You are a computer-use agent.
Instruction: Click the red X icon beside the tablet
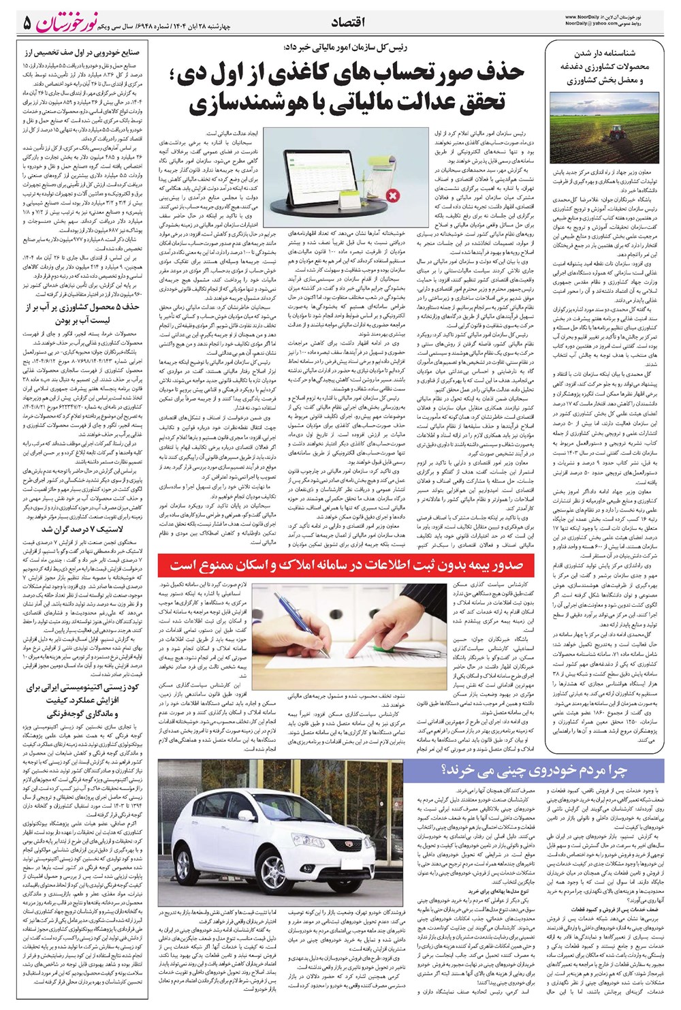click(393, 197)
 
